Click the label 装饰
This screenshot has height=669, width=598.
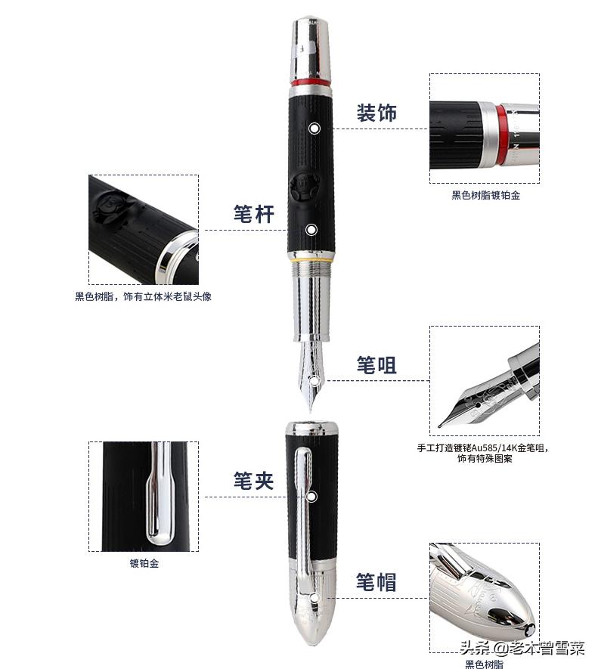click(x=376, y=113)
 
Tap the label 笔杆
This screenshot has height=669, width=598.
click(x=253, y=214)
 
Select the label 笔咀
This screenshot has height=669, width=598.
click(x=376, y=365)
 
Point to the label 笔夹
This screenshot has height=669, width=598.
click(x=253, y=480)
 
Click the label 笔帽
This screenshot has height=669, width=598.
click(x=376, y=582)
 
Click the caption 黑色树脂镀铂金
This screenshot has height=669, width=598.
click(x=485, y=195)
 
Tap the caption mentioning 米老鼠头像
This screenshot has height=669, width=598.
click(x=143, y=296)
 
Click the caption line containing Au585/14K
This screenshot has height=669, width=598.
click(x=484, y=448)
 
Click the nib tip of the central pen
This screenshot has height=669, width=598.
click(x=311, y=408)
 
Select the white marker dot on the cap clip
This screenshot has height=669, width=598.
click(x=311, y=497)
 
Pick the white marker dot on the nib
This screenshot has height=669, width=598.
click(x=312, y=380)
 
